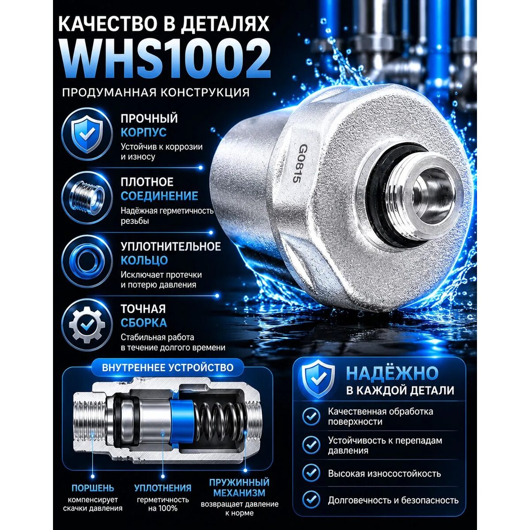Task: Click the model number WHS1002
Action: click(x=166, y=58)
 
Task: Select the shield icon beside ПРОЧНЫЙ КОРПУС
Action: click(x=87, y=134)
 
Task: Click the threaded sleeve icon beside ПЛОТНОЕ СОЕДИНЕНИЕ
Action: click(x=87, y=197)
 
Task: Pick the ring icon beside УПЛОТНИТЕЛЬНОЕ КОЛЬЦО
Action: click(x=87, y=261)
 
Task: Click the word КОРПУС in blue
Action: click(x=144, y=132)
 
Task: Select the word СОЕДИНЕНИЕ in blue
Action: click(x=159, y=196)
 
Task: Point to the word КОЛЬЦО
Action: click(x=144, y=260)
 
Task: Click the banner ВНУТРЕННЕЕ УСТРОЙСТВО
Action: click(x=167, y=367)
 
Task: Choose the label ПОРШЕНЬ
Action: click(x=93, y=488)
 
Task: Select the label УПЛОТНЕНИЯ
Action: click(x=163, y=488)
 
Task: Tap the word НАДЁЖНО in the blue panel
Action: click(x=392, y=373)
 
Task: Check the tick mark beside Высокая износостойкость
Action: click(x=311, y=473)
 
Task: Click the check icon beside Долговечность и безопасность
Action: click(x=311, y=500)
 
